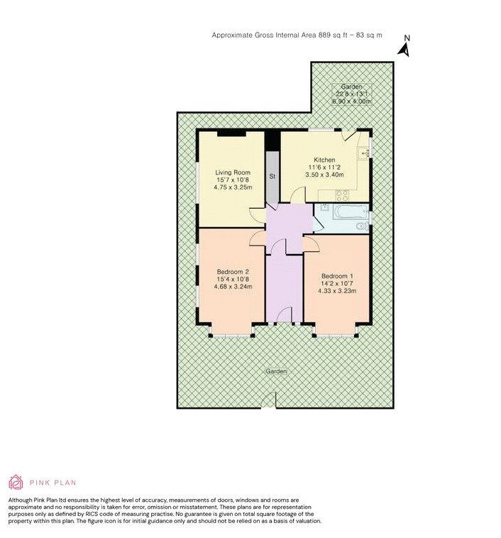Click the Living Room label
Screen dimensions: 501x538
click(233, 172)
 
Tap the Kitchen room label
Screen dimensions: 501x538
click(324, 160)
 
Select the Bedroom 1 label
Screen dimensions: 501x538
click(337, 276)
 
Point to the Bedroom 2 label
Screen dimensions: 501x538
click(233, 272)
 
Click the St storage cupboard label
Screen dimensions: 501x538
click(272, 177)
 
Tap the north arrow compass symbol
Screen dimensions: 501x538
click(404, 48)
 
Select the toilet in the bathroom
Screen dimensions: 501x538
click(362, 226)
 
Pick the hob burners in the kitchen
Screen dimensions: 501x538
click(342, 195)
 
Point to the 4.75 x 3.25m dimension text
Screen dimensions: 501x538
click(233, 187)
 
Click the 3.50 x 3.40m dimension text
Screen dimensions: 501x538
click(324, 175)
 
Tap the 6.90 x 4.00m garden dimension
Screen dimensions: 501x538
click(352, 101)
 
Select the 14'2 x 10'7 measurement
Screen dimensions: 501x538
click(337, 284)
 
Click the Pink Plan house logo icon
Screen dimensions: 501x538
click(16, 482)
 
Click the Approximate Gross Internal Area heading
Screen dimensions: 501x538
click(297, 35)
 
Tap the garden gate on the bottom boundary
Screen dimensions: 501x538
click(269, 400)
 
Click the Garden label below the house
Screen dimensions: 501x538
click(276, 372)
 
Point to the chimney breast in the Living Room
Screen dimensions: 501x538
click(231, 133)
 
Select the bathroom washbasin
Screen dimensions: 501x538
click(324, 207)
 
